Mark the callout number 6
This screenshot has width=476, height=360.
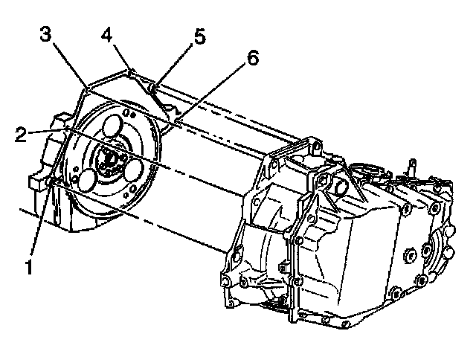click(252, 60)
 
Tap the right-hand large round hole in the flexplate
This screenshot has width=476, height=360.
click(134, 170)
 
